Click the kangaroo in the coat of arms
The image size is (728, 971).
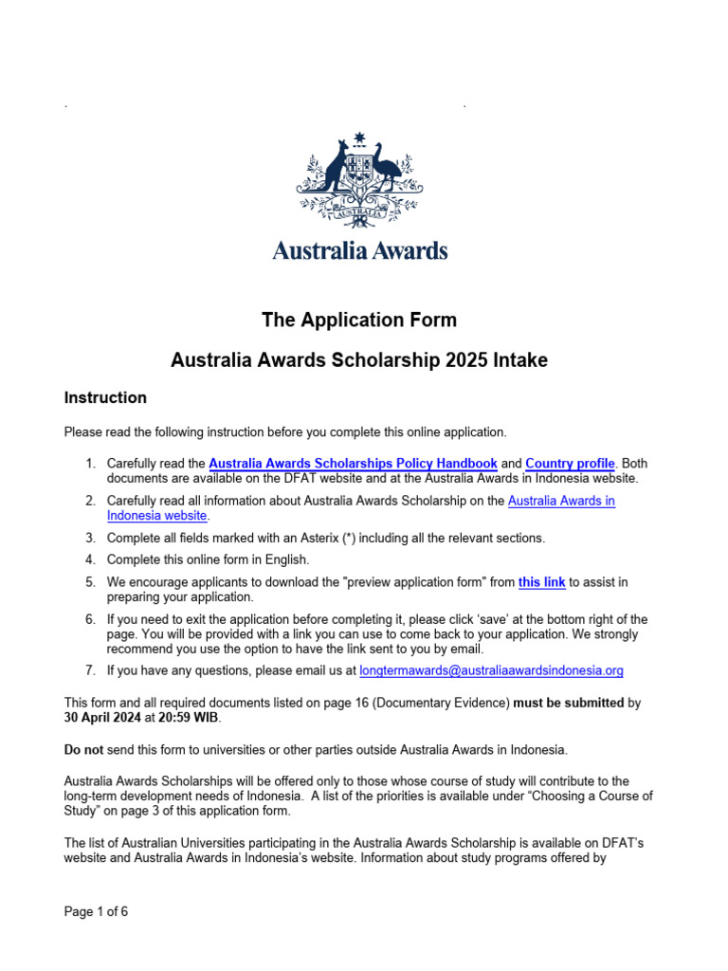(x=333, y=171)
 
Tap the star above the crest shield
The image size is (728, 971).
(x=359, y=138)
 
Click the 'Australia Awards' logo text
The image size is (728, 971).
(x=360, y=250)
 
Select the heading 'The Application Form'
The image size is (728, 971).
(x=359, y=320)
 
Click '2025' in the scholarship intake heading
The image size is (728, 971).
(x=427, y=360)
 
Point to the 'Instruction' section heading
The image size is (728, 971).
(x=105, y=397)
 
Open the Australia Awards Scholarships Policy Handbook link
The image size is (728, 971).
(x=353, y=464)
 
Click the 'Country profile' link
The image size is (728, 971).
(x=571, y=464)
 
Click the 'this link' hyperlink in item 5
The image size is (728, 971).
(x=541, y=582)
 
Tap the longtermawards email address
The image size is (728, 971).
(x=492, y=670)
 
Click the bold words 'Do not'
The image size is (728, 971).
(x=83, y=749)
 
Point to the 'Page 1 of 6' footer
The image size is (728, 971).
(x=96, y=912)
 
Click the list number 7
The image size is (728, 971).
(x=89, y=670)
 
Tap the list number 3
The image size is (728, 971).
(x=89, y=538)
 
